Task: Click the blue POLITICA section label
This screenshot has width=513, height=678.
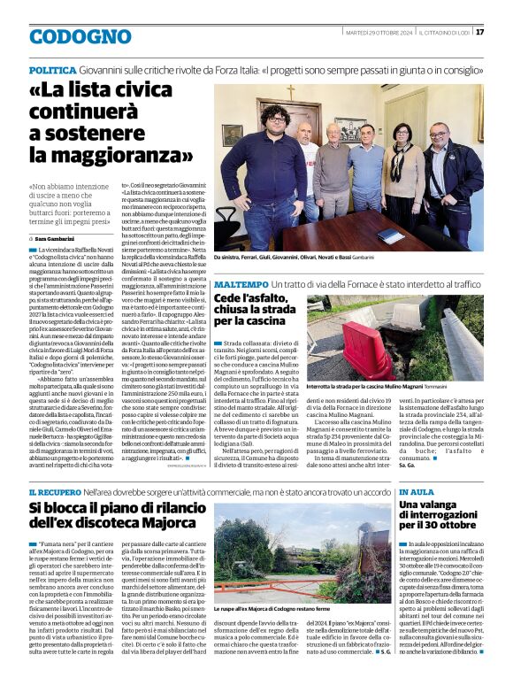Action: pos(51,68)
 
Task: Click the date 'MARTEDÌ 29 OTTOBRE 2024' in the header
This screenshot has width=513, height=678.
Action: pos(379,32)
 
